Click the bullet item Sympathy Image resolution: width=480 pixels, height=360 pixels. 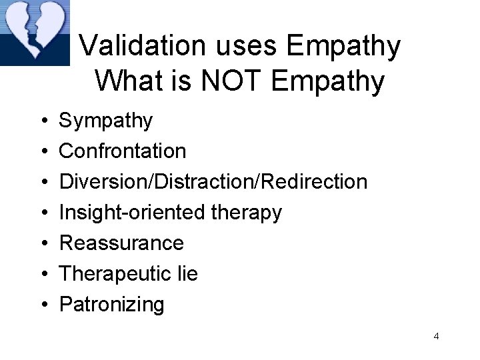tap(106, 121)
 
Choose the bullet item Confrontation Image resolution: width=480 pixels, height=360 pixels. tap(123, 151)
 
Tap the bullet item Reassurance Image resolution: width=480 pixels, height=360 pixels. tap(121, 243)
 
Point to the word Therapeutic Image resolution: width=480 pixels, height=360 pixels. tap(115, 274)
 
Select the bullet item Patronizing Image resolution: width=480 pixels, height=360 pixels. tap(111, 305)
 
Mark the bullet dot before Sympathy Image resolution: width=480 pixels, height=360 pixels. tap(42, 121)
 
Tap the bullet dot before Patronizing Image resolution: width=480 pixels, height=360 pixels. tap(42, 305)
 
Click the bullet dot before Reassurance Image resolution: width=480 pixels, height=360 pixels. tap(42, 243)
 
